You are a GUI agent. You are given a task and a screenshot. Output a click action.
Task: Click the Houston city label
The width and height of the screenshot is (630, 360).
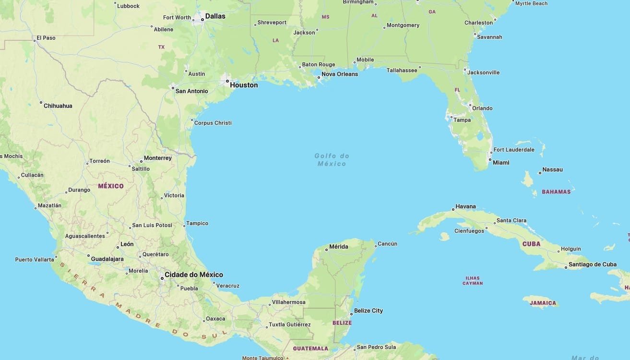pos(244,85)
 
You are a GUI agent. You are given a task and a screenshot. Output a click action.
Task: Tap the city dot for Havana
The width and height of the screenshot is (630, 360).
pos(453,210)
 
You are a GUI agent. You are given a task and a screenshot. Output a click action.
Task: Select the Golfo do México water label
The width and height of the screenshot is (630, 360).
pos(332,160)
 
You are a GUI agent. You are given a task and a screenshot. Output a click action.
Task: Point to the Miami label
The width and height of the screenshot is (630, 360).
pos(501,163)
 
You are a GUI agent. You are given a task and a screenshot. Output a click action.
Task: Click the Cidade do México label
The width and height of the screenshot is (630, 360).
pos(193,275)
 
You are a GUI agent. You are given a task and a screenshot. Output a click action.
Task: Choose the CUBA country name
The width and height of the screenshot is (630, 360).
pos(531,244)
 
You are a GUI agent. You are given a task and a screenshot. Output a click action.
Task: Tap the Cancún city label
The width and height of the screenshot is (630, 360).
pos(387,244)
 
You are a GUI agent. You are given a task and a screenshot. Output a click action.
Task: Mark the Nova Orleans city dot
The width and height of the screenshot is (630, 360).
pos(319,77)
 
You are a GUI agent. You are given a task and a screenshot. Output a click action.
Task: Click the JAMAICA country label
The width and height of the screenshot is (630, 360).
pos(543,303)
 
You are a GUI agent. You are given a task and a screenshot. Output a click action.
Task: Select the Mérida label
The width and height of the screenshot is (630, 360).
pos(339,247)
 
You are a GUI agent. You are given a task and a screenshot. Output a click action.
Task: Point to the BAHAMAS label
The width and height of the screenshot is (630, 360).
pos(556,192)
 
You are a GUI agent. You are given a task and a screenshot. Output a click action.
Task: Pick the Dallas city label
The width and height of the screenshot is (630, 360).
pos(215,16)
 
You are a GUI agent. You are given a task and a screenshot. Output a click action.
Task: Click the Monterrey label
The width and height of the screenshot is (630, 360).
pos(157,158)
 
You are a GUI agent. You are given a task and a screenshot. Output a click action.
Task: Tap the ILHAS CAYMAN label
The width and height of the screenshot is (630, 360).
pos(473,280)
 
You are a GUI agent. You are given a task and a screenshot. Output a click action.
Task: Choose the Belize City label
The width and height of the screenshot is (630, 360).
pos(368,311)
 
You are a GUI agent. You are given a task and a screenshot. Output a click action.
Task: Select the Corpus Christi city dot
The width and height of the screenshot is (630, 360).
pos(192,120)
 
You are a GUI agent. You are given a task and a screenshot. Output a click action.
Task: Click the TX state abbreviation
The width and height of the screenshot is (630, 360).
pos(161,47)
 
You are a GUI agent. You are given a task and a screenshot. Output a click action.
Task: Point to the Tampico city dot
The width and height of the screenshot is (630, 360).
pos(184,225)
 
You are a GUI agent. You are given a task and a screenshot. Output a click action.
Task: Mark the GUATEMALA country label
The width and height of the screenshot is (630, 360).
pos(310,348)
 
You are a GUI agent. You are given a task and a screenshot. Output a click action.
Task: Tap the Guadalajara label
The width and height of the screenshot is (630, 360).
pos(107,259)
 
